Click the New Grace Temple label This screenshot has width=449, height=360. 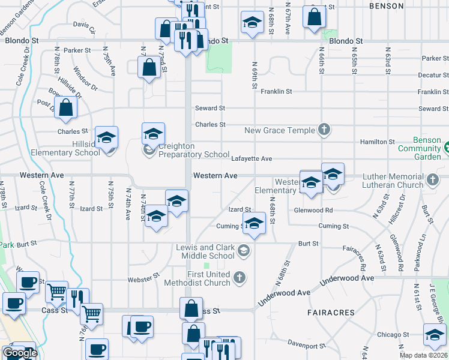click(x=280, y=130)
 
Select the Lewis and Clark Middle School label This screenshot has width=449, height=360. click(x=205, y=251)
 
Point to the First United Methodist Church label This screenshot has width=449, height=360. click(x=208, y=278)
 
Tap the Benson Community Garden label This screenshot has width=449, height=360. click(x=427, y=148)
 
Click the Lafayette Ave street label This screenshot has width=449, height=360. click(x=252, y=158)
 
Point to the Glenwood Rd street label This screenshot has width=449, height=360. click(x=313, y=210)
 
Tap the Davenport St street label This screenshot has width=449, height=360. click(x=306, y=345)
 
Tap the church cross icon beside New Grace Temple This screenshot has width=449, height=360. click(x=324, y=130)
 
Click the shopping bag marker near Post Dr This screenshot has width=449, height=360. click(x=67, y=108)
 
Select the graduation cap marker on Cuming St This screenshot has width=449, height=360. click(x=254, y=224)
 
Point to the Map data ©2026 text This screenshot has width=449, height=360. click(x=424, y=355)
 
